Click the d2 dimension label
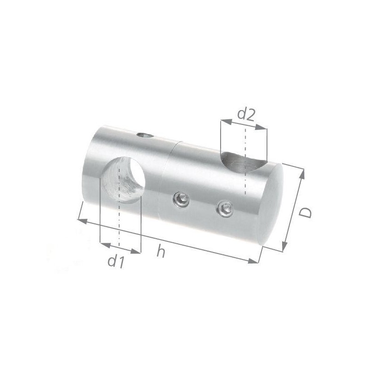(x=246, y=115)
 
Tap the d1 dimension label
(x=116, y=261)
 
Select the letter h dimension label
(x=160, y=251)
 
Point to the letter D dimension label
(x=305, y=213)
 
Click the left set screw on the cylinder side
(x=181, y=200)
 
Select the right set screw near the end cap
(x=225, y=209)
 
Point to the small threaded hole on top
(x=145, y=136)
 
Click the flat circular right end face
(x=271, y=204)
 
